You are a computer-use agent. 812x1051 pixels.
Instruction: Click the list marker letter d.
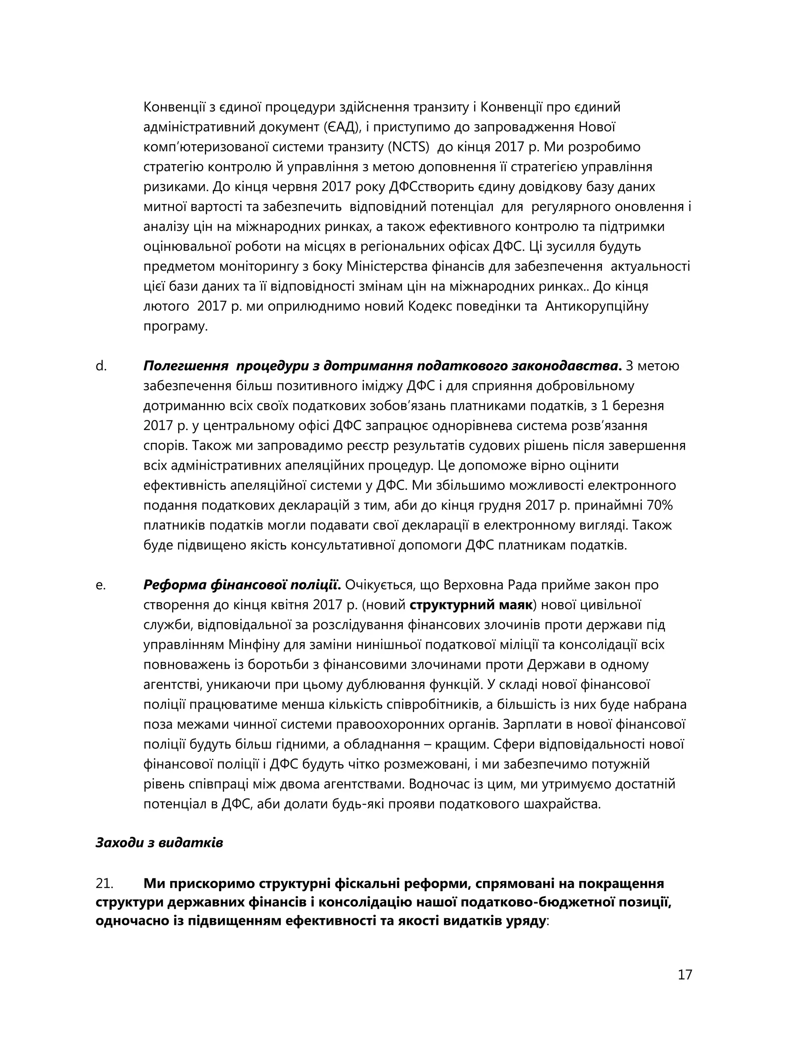pyautogui.click(x=101, y=366)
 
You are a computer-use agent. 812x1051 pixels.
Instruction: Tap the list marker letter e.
pyautogui.click(x=101, y=585)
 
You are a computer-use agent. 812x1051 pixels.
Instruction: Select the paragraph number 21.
pyautogui.click(x=104, y=884)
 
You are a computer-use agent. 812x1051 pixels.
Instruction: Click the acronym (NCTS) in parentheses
pyautogui.click(x=408, y=147)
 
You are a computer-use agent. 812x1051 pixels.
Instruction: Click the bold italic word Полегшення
pyautogui.click(x=186, y=366)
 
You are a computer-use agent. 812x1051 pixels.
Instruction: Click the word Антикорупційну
pyautogui.click(x=597, y=306)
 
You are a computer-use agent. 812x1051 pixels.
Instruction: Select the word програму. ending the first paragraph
pyautogui.click(x=176, y=327)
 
